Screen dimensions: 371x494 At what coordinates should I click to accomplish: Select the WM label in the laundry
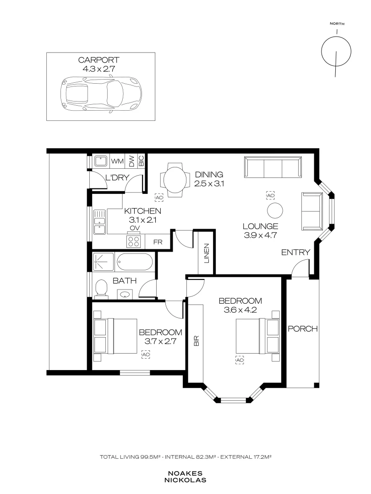(x=117, y=161)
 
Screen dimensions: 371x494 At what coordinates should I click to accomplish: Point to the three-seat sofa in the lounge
(x=273, y=167)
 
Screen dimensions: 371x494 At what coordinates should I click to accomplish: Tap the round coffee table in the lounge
(x=275, y=210)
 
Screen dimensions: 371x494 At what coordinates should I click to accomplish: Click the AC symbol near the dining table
(x=159, y=198)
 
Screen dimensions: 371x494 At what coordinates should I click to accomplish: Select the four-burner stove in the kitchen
(x=133, y=242)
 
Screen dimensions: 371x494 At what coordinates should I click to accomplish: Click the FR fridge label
(x=158, y=242)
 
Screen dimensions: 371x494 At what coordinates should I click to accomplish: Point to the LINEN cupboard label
(x=207, y=253)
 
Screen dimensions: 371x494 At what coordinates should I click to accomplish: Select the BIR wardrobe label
(x=196, y=341)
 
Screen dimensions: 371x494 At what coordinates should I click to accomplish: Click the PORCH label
(x=303, y=328)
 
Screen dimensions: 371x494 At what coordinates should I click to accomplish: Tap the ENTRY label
(x=295, y=252)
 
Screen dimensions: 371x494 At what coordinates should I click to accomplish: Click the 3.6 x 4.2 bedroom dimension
(x=240, y=310)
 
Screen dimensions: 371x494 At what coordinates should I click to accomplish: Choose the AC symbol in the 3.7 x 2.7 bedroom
(x=146, y=354)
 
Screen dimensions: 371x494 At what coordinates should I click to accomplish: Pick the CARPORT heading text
(x=99, y=60)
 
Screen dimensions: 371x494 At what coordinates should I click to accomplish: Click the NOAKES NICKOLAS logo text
(x=185, y=477)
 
